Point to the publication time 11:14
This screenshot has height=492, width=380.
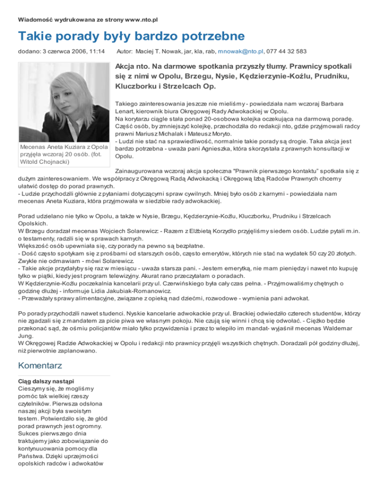click(x=96, y=51)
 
